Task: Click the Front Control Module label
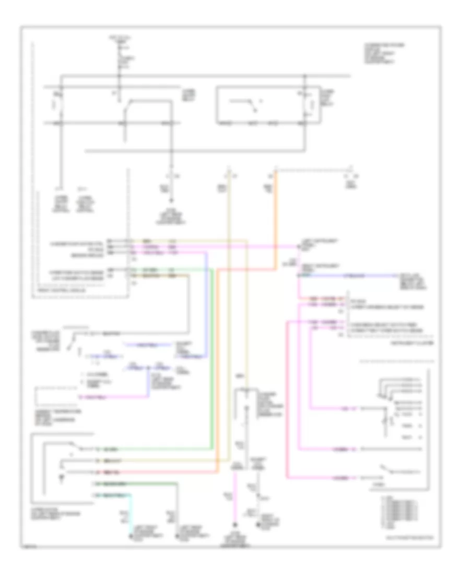pos(52,296)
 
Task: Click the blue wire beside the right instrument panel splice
pos(366,274)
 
